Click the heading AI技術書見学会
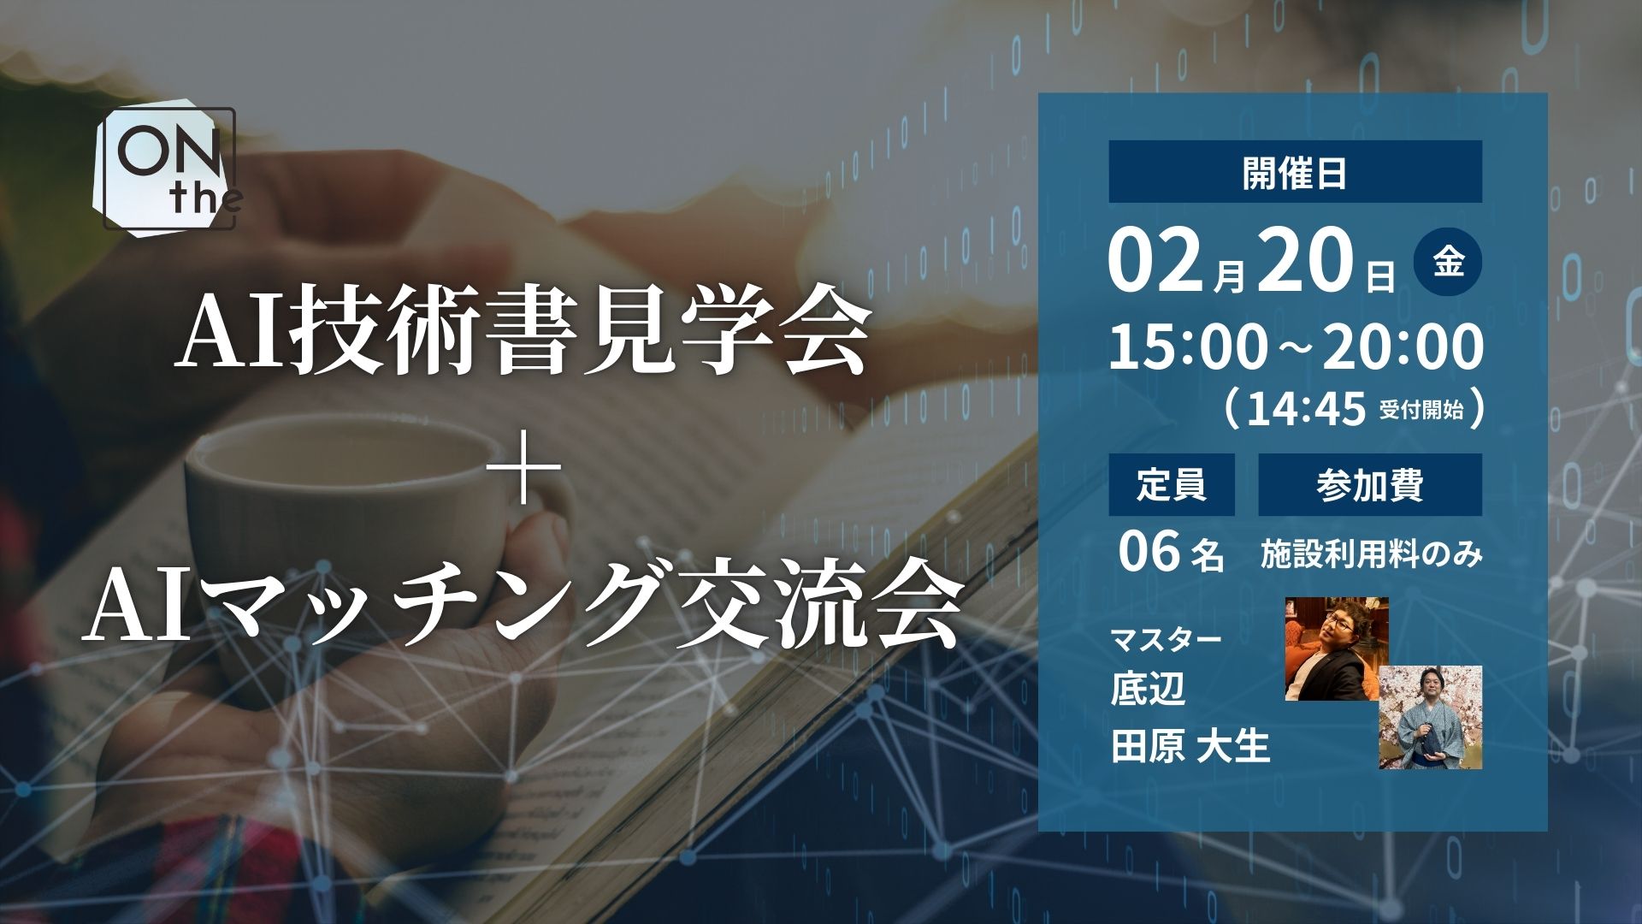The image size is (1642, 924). point(521,335)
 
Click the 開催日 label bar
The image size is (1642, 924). point(1295,172)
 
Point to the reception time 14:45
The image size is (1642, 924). point(1306,409)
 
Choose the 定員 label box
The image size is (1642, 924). point(1172,484)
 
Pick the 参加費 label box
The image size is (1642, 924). point(1370,484)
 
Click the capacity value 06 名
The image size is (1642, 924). point(1171,554)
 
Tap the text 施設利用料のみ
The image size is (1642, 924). point(1371,555)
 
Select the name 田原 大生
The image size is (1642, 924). point(1190,746)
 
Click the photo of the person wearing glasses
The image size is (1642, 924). point(1337,649)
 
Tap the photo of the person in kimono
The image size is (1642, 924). point(1430,717)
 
